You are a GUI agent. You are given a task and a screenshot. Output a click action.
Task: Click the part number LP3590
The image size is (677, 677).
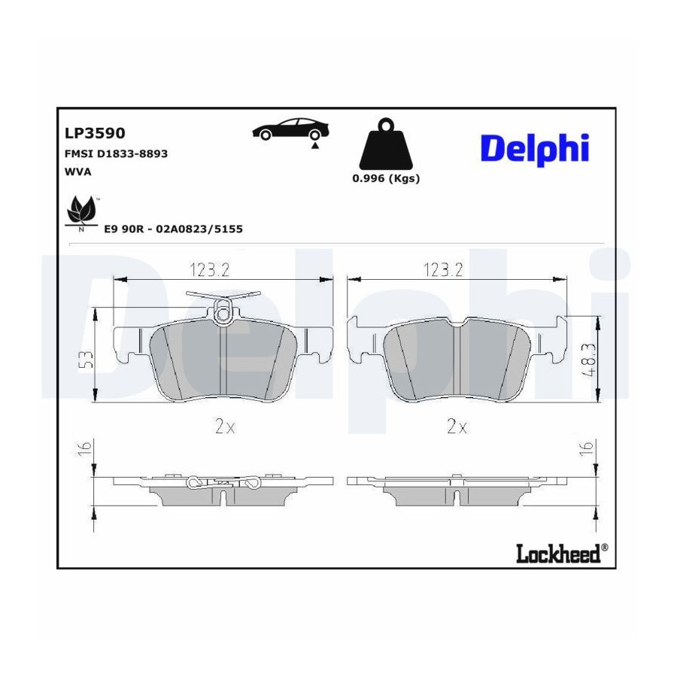95,133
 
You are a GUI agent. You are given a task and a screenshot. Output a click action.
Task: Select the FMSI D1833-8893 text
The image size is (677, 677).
116,153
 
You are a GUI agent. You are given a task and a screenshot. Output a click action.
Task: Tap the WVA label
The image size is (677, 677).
77,172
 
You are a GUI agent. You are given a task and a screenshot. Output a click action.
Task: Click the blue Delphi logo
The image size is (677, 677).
535,150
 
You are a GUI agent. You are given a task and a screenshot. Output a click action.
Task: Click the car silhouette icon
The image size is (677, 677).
290,129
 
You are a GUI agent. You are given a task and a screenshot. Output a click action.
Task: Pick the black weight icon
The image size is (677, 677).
386,144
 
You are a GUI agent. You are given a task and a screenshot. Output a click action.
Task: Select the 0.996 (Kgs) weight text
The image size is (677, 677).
386,178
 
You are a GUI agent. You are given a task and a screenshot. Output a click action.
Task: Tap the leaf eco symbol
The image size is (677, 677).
81,211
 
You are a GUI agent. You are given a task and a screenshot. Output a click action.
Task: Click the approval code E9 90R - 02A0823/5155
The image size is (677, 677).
174,229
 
